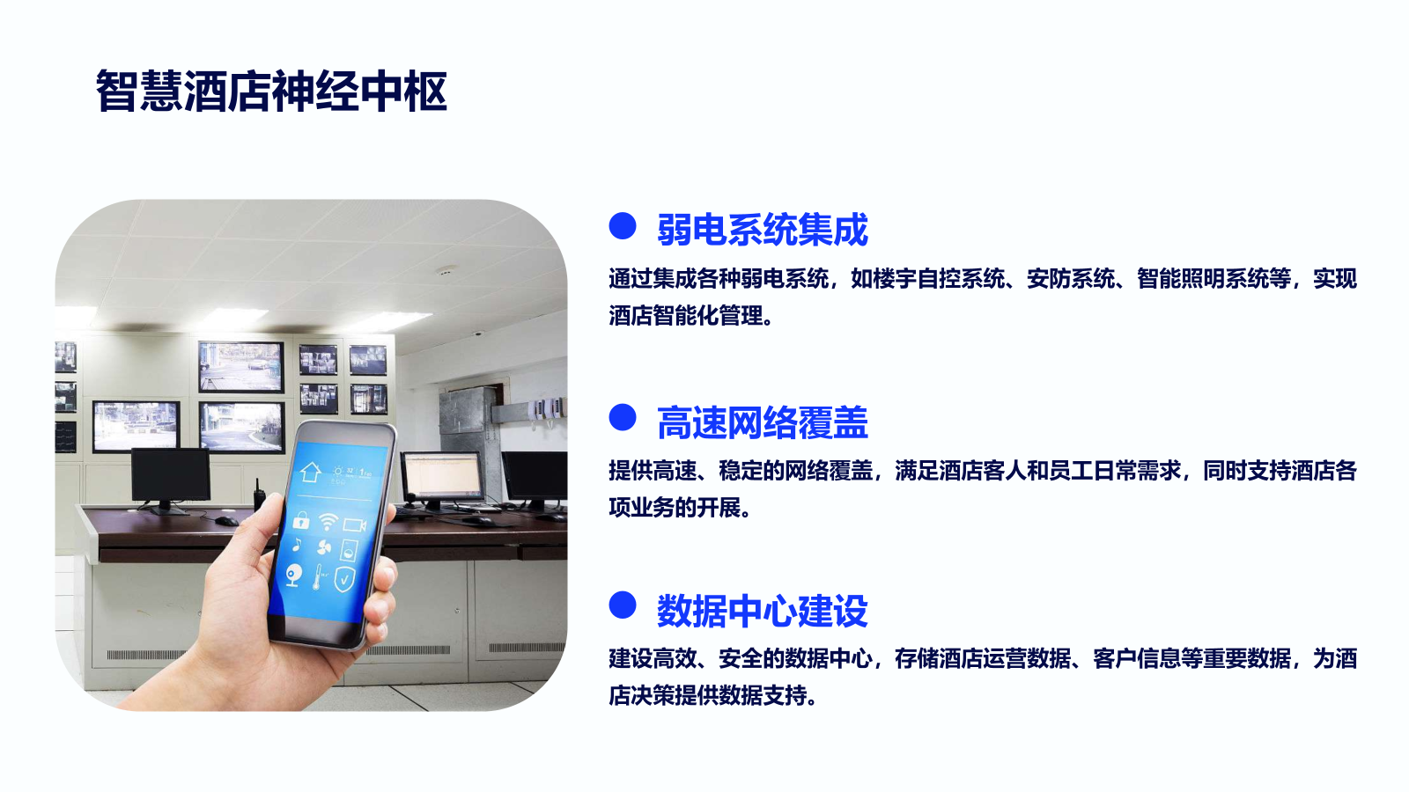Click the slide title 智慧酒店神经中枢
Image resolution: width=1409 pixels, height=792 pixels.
[271, 92]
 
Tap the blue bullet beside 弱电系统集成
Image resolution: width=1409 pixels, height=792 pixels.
[623, 225]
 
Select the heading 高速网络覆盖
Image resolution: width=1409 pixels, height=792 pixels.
[763, 422]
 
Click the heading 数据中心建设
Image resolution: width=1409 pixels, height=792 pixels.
[763, 611]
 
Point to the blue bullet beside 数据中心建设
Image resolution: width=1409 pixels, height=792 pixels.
[623, 605]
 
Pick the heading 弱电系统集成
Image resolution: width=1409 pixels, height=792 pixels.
[763, 230]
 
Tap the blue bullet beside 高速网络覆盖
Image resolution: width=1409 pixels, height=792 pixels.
[623, 417]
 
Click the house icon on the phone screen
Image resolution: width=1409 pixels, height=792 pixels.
[310, 472]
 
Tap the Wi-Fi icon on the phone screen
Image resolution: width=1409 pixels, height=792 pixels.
[328, 521]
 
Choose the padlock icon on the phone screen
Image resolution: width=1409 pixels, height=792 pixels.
[301, 520]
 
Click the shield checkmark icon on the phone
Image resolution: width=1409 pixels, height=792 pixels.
[344, 579]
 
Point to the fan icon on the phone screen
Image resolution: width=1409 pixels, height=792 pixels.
[324, 548]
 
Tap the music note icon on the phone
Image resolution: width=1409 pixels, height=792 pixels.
[297, 545]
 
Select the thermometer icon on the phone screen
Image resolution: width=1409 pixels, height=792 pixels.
[318, 576]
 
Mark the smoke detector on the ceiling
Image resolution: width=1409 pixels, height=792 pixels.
[446, 271]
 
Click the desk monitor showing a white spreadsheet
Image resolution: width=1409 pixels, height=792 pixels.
[442, 475]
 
